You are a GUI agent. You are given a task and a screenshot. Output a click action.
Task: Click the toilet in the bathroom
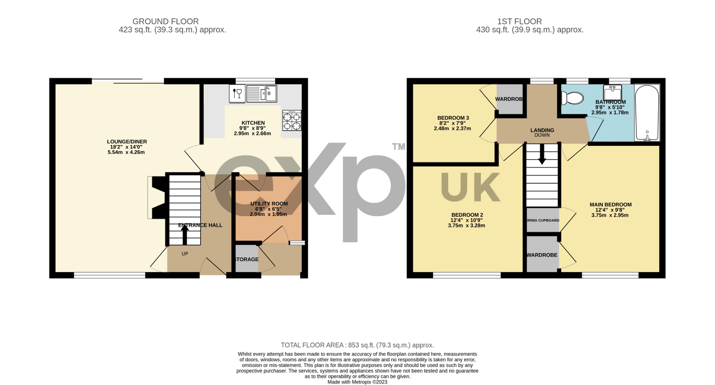(572, 98)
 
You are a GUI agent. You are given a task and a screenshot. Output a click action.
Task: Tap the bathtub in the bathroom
(647, 113)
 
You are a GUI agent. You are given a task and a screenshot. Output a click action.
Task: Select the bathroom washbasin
(612, 93)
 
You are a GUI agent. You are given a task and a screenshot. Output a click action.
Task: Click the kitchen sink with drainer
(262, 94)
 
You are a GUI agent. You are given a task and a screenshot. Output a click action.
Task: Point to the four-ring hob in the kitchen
(291, 120)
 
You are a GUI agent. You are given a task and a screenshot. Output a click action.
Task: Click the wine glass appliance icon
(237, 94)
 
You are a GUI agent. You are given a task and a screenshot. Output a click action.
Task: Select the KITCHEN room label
(253, 123)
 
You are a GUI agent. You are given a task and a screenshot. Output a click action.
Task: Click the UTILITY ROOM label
(269, 204)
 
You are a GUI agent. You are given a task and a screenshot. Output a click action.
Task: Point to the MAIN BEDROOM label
(610, 205)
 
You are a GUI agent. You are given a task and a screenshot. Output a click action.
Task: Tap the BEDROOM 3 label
(453, 118)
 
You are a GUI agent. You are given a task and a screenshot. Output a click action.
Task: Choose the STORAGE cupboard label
(246, 259)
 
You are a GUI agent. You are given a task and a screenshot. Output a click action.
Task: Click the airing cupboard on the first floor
(543, 220)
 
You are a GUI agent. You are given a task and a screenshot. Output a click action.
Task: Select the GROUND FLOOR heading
(165, 21)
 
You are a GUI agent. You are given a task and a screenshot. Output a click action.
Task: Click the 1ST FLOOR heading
(519, 21)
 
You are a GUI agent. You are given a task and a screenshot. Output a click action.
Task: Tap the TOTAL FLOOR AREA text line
(357, 345)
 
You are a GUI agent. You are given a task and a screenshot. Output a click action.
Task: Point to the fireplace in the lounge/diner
(157, 197)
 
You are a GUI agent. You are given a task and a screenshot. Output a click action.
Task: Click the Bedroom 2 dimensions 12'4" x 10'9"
(467, 220)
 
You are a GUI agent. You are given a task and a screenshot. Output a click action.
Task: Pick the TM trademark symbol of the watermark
(398, 146)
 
